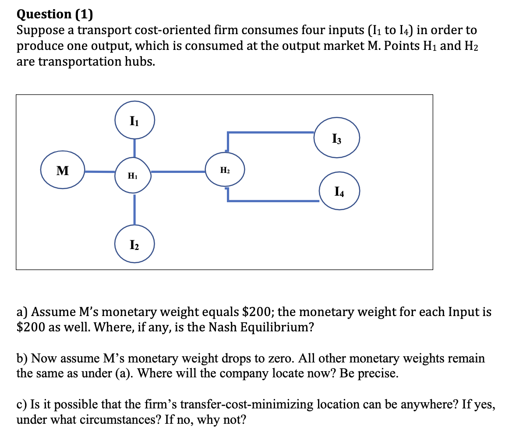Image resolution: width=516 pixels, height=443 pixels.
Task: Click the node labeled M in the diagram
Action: (x=63, y=170)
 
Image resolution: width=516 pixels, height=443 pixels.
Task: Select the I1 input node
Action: (x=134, y=120)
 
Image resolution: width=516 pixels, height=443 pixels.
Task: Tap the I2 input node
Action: (x=134, y=244)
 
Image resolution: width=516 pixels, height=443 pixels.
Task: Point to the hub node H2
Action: (x=225, y=170)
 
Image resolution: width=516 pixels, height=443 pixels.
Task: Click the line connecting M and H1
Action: (x=100, y=172)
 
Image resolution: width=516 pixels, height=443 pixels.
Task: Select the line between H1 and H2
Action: (x=178, y=172)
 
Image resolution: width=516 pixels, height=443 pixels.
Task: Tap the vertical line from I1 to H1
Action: (x=134, y=147)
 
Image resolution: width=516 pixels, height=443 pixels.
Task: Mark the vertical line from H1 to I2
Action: (x=134, y=209)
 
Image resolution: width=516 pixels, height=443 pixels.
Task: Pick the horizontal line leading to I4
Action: (x=273, y=201)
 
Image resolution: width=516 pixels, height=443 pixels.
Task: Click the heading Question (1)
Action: (x=55, y=14)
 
